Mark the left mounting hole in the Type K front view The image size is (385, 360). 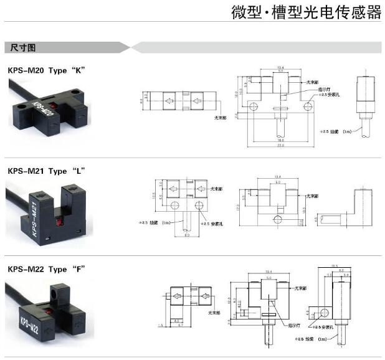click(x=253, y=108)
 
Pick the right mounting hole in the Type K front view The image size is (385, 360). click(x=306, y=108)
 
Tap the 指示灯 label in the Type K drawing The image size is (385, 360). click(x=325, y=88)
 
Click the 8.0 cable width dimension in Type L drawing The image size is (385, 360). click(x=186, y=235)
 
